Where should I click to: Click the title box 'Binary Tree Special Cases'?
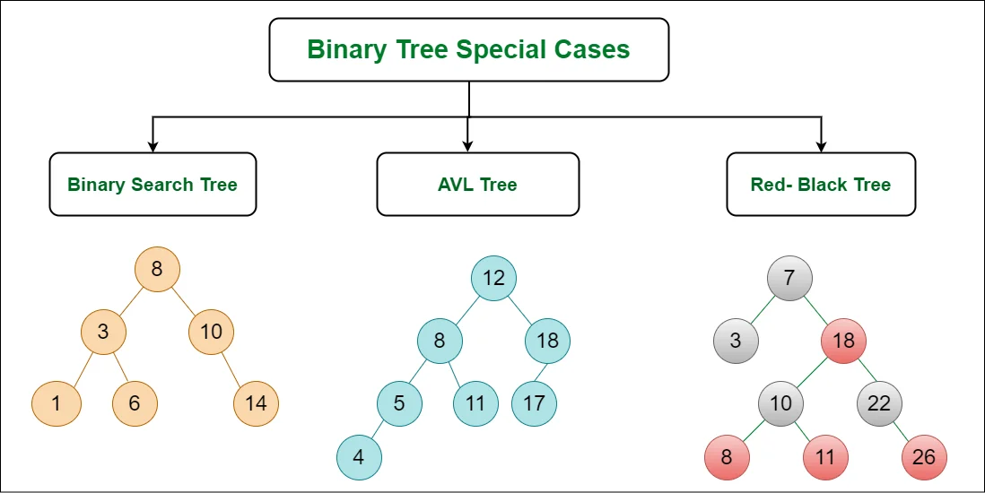468,49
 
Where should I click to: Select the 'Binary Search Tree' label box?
153,184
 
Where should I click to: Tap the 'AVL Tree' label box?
477,184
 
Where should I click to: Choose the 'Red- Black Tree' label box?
821,184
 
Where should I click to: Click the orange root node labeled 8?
157,268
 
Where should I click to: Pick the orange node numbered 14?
256,402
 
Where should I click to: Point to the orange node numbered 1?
56,402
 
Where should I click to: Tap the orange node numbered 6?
135,402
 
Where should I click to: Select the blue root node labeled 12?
493,278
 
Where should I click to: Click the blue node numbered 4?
359,457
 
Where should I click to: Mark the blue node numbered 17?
534,402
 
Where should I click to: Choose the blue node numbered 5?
399,402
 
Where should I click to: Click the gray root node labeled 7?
789,278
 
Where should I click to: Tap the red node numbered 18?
843,341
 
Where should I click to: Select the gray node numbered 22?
879,402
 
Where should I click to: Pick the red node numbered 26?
924,457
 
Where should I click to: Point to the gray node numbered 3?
736,341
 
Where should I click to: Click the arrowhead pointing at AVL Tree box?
467,145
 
